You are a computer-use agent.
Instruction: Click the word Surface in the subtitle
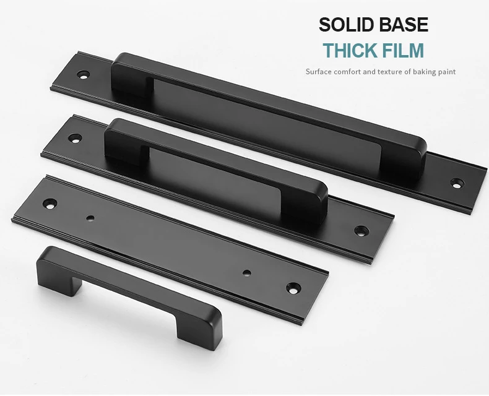[x=318, y=72]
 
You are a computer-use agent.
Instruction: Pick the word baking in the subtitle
[x=425, y=72]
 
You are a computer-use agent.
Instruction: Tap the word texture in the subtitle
[x=390, y=72]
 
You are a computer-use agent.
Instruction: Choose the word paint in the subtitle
[x=447, y=72]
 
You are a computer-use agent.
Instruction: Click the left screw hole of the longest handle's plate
[x=84, y=75]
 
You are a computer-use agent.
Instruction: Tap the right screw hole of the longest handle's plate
[x=457, y=183]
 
